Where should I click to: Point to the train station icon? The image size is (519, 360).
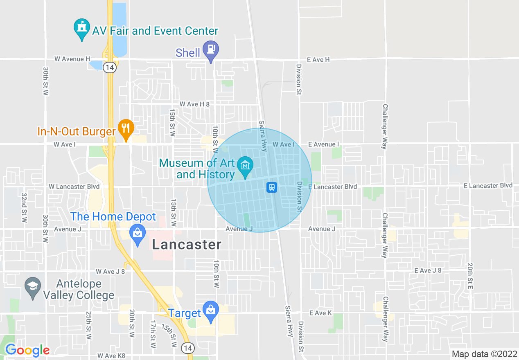(x=272, y=187)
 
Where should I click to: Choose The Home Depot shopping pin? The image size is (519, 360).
(x=138, y=234)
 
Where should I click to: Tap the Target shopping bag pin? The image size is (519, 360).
(x=211, y=311)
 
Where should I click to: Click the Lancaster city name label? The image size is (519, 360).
(x=187, y=245)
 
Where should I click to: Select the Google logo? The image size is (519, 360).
(x=27, y=350)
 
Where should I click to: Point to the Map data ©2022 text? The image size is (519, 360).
(x=484, y=354)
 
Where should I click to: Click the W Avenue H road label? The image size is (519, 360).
(x=72, y=59)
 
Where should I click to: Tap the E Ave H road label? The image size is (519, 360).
(x=318, y=60)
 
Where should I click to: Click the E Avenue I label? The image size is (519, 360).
(x=324, y=144)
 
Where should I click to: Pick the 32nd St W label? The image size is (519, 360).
(x=24, y=207)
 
